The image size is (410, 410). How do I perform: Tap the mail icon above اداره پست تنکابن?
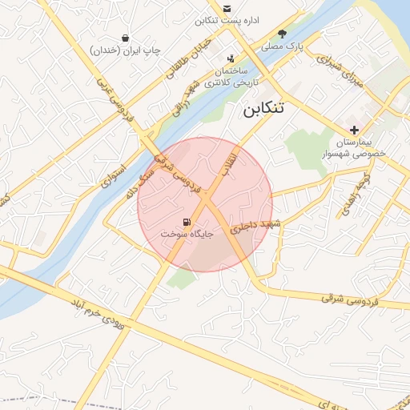(227, 8)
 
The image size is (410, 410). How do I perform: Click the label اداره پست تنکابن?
(229, 20)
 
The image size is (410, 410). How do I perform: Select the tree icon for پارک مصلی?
(282, 34)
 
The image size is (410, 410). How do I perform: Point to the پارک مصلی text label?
(287, 47)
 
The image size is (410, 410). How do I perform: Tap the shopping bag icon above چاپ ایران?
(125, 38)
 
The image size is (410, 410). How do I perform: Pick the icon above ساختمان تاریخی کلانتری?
(231, 58)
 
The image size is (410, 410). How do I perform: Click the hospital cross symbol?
(354, 130)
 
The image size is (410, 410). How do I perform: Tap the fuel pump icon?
(187, 222)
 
